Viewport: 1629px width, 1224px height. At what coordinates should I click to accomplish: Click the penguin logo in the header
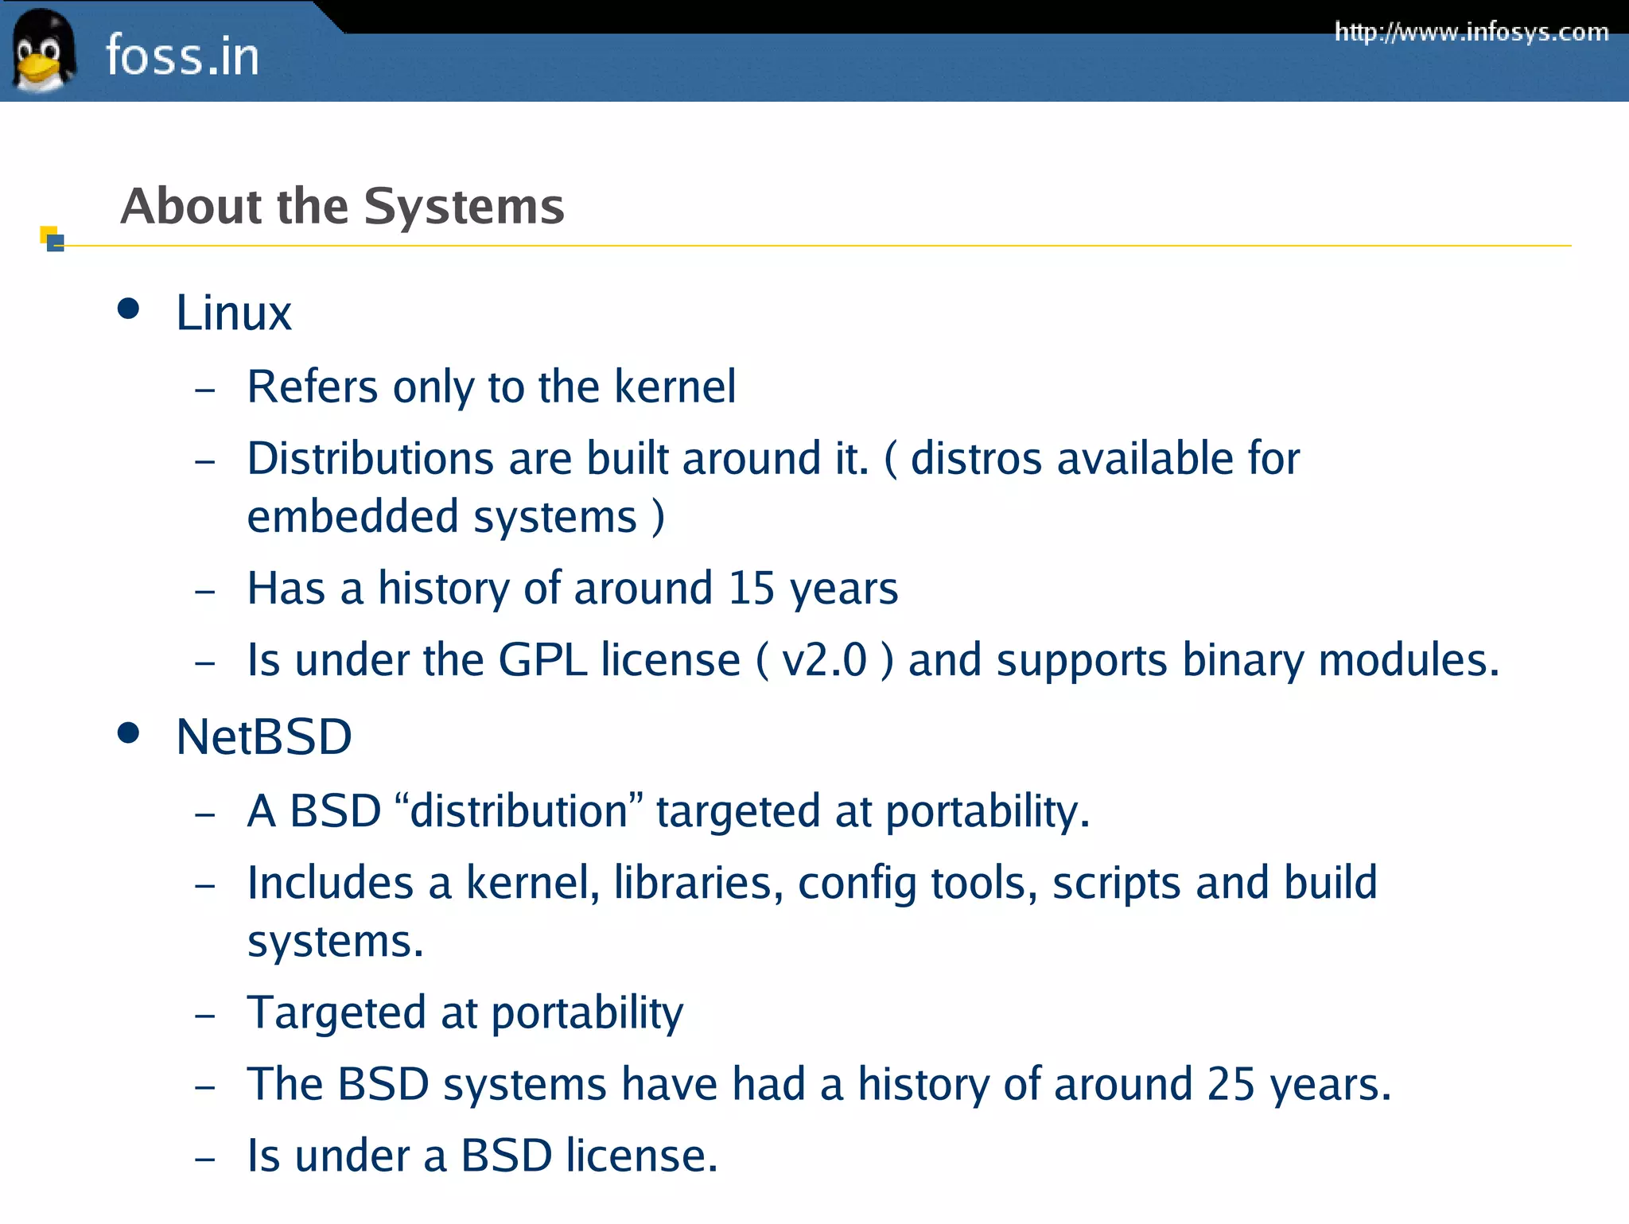click(x=43, y=51)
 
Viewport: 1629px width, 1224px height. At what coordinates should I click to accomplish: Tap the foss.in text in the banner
click(x=182, y=56)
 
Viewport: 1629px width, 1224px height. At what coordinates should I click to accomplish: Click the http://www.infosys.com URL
click(x=1471, y=33)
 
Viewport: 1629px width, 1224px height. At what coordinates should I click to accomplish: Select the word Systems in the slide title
click(x=464, y=207)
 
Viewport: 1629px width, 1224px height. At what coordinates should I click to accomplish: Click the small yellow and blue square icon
click(x=52, y=239)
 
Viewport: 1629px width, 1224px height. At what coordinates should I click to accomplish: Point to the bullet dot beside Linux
click(x=128, y=309)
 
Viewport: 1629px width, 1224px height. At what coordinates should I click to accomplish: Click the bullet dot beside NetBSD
click(x=128, y=732)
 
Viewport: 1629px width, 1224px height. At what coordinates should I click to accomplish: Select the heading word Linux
click(x=233, y=313)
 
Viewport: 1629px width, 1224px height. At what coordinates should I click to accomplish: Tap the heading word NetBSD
click(x=263, y=736)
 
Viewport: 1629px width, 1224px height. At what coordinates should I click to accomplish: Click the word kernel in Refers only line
click(x=675, y=387)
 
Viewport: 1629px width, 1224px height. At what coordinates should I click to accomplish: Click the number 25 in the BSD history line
click(x=1230, y=1085)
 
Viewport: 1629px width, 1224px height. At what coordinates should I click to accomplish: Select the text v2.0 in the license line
click(x=824, y=660)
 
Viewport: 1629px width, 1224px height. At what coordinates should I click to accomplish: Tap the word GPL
click(x=542, y=660)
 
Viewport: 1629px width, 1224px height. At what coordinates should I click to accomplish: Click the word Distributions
click(x=371, y=459)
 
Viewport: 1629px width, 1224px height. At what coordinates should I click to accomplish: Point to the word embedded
click(x=352, y=517)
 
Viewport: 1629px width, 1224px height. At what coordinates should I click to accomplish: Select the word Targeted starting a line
click(x=336, y=1013)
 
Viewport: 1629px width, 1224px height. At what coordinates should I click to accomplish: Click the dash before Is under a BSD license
click(x=205, y=1159)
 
